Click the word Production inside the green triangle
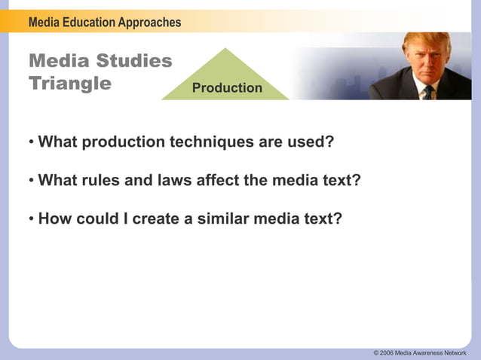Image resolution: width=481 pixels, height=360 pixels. (227, 88)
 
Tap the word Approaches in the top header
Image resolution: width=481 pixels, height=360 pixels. (148, 23)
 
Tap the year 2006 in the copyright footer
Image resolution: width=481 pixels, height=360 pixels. (387, 352)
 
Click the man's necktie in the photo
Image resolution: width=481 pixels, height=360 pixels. (428, 93)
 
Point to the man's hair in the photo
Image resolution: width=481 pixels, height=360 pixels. (426, 41)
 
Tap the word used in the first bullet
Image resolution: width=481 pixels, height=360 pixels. (311, 142)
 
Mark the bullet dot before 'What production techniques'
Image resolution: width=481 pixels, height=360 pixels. (32, 142)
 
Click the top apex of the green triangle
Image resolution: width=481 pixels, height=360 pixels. (225, 49)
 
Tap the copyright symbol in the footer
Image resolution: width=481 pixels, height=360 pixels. (376, 352)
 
